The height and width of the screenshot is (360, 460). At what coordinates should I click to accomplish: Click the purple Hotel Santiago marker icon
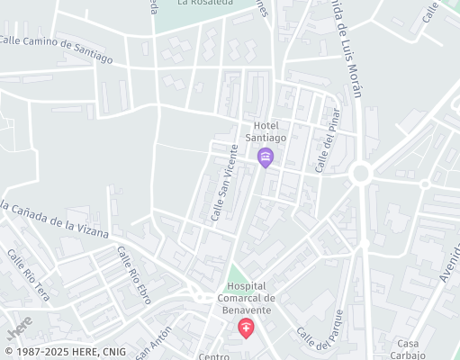point(266,158)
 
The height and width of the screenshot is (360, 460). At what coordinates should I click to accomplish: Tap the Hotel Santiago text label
point(270,131)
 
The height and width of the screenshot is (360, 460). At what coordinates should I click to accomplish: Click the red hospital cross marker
point(246,328)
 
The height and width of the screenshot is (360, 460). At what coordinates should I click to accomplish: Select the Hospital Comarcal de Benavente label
point(247,298)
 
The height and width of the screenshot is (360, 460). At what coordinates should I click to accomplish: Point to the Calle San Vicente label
point(224,183)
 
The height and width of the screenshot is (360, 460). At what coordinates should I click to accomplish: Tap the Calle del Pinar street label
point(326,140)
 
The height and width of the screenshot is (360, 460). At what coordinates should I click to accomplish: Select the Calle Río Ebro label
point(134,274)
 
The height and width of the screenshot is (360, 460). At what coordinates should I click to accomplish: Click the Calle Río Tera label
point(29,274)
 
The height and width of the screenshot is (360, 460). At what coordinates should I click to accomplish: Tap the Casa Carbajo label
point(410,349)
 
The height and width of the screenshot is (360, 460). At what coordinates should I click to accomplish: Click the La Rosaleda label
point(206,3)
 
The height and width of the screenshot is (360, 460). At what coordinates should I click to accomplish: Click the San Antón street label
point(154,343)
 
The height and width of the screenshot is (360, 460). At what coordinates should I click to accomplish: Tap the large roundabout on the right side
point(362,172)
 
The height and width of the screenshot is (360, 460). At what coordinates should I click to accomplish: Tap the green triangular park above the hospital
point(236,274)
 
